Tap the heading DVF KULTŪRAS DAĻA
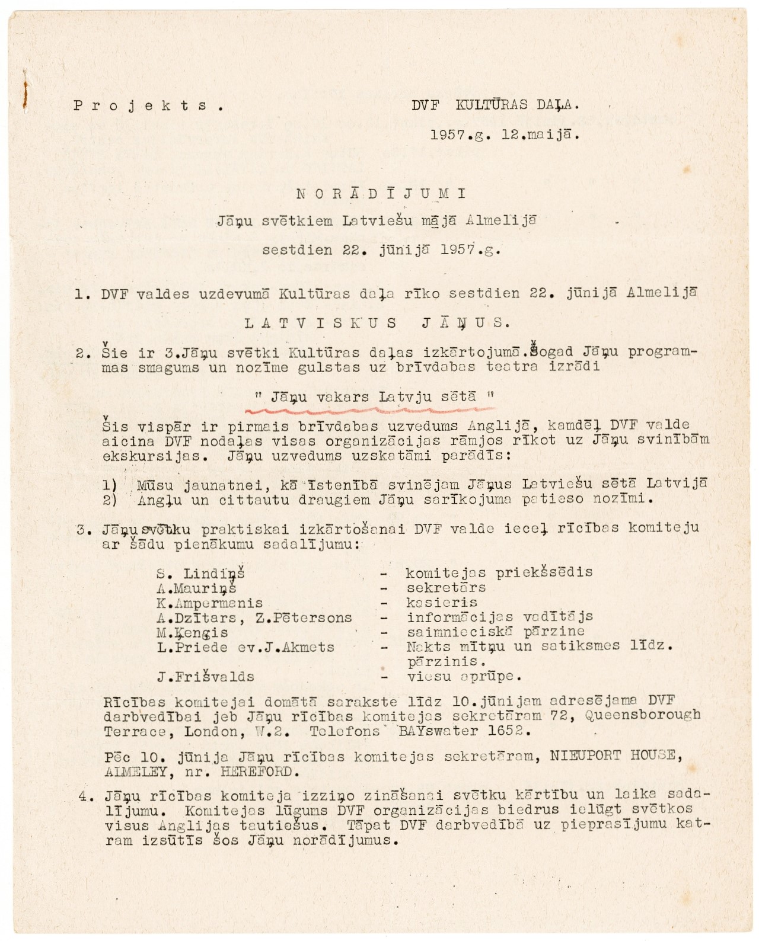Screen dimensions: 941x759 495,105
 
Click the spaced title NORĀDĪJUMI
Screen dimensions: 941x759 381,193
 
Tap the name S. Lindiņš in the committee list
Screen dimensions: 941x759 201,573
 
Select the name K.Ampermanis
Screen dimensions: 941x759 210,603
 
